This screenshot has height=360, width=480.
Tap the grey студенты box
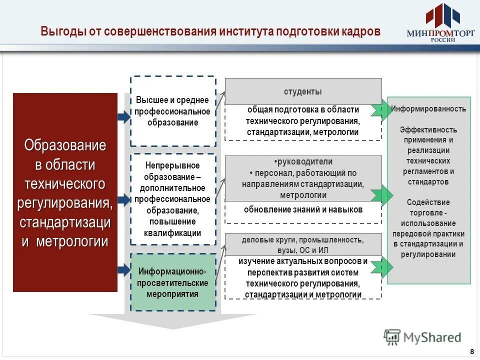[303, 92]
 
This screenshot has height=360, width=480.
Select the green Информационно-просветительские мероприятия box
[172, 282]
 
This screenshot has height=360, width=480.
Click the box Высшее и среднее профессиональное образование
[172, 111]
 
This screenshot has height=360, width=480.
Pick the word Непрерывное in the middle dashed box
[172, 165]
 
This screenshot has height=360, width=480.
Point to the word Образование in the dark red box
[65, 145]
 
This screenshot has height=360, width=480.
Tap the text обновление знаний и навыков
[303, 209]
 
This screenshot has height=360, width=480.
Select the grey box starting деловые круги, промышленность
[303, 245]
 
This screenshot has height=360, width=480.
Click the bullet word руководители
[303, 161]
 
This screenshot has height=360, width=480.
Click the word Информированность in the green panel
[428, 108]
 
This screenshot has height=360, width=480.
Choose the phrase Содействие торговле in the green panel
[428, 207]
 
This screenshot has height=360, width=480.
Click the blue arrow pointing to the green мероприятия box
[123, 270]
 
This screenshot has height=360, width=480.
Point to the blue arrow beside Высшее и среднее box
[123, 117]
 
